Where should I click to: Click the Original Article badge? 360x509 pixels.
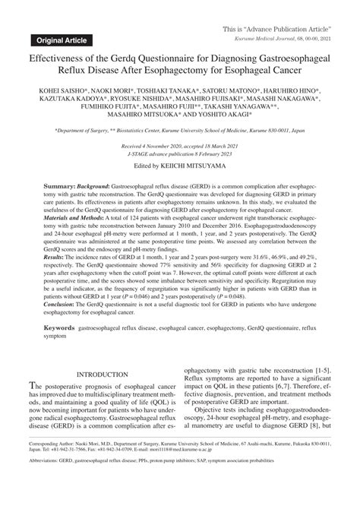[x=57, y=39]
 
